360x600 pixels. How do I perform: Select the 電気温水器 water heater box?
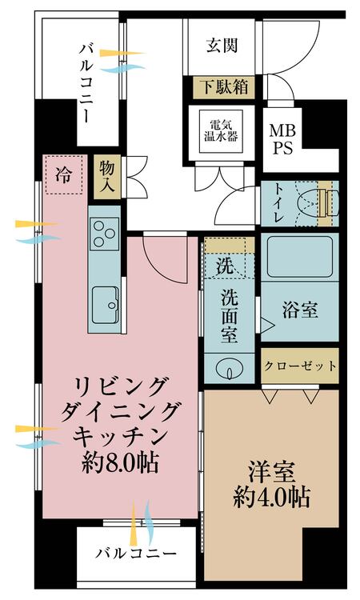pyautogui.click(x=223, y=130)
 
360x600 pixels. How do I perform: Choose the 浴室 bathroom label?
pyautogui.click(x=299, y=310)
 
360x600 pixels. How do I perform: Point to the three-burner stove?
pyautogui.click(x=105, y=234)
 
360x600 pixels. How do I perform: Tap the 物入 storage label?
pyautogui.click(x=106, y=175)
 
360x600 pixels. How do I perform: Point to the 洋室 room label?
pyautogui.click(x=271, y=468)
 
